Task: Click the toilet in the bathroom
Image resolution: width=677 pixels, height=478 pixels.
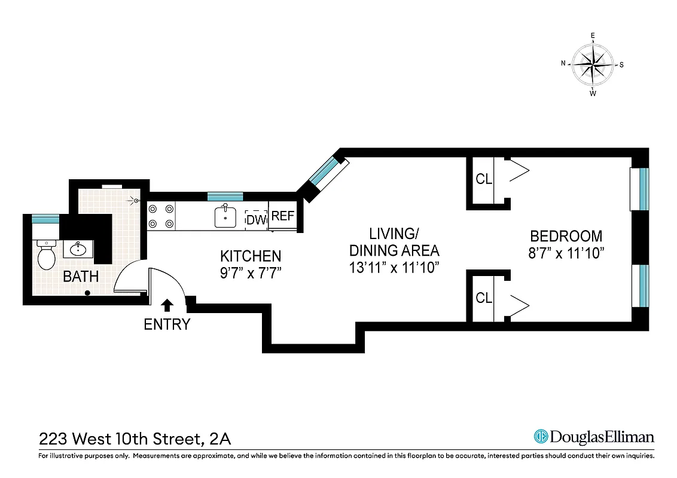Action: point(45,256)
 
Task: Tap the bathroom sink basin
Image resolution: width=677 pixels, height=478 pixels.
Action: point(77,249)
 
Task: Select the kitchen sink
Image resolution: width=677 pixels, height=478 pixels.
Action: point(225,216)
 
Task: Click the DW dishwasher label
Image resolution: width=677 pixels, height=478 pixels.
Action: point(256,219)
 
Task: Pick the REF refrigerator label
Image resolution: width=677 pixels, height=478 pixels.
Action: point(283,216)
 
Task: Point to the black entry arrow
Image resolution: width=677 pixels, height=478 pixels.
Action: point(167,305)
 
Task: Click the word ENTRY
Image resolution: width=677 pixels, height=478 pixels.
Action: point(167,324)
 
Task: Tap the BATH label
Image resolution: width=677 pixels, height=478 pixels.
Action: point(81,277)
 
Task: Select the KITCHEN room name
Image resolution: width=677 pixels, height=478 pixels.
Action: point(251,256)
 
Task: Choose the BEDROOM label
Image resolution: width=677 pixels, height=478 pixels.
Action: point(566,236)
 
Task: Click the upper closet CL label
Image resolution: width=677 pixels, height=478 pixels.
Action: point(484,179)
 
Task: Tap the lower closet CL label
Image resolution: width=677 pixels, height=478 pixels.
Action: point(484,297)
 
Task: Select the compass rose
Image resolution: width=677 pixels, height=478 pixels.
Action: point(592,65)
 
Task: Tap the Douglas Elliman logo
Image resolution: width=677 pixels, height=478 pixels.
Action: point(593,437)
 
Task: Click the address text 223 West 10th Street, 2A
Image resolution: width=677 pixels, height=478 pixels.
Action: point(135,439)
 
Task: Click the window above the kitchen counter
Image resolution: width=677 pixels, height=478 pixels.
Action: point(225,196)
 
